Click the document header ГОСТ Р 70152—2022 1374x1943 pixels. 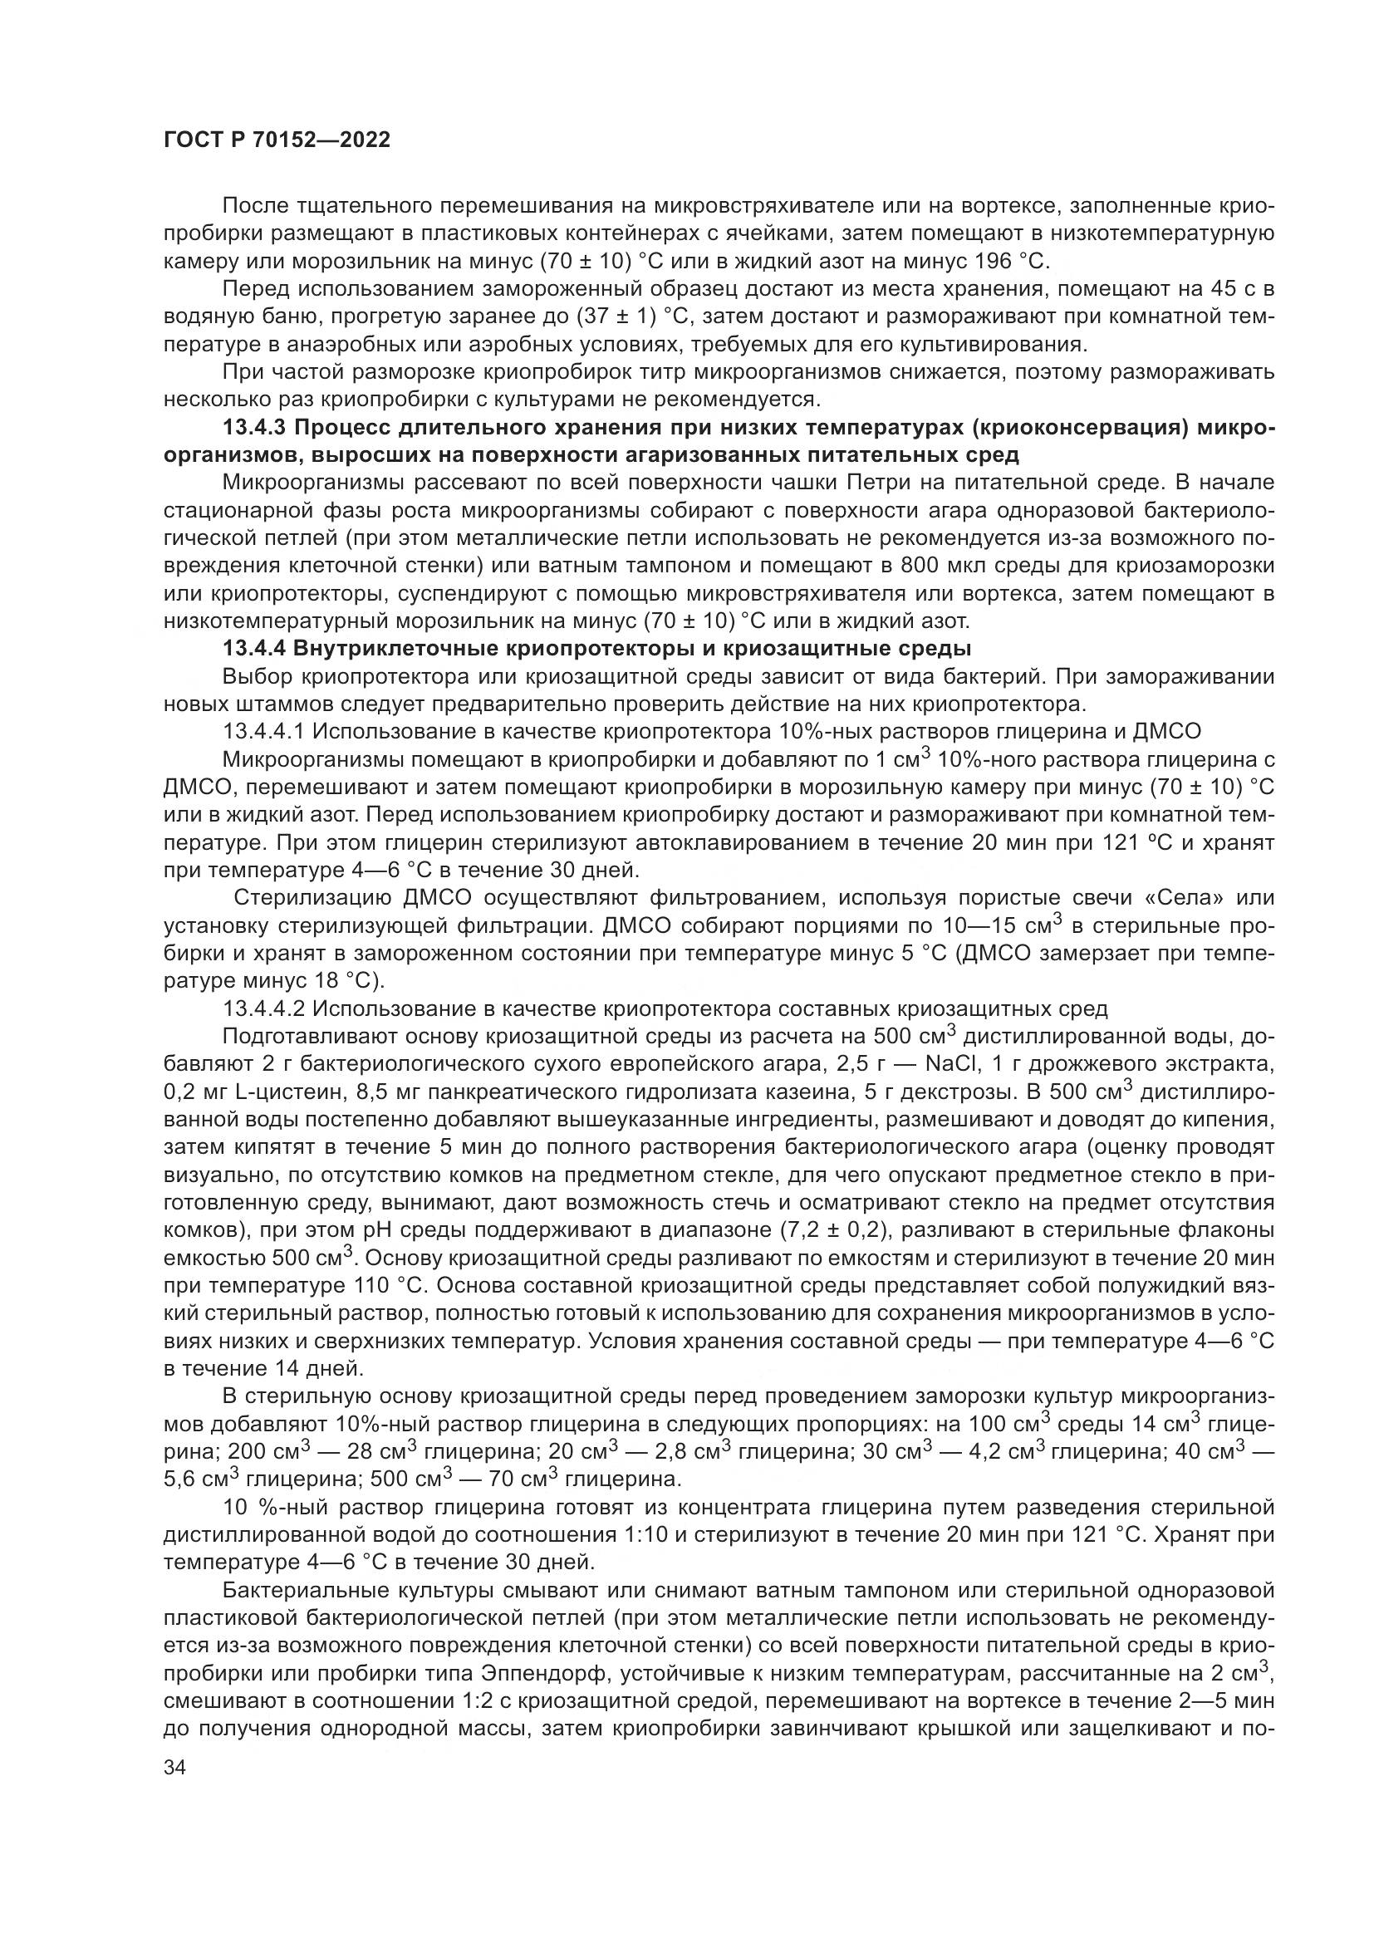tap(277, 140)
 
